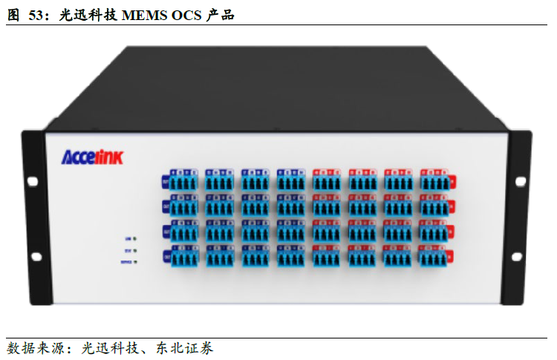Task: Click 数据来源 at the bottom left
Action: pos(33,347)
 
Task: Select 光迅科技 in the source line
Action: pos(108,347)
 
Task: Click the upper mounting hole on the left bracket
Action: pos(33,180)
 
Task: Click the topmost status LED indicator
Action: pos(134,239)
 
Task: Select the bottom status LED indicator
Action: pos(134,263)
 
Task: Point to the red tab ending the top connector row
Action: pos(453,182)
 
